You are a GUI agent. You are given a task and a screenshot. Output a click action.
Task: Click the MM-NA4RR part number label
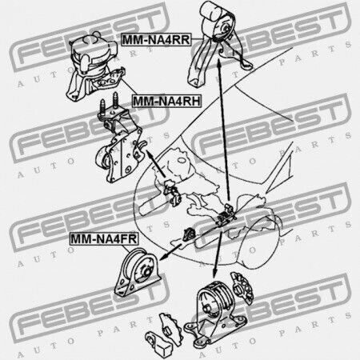pos(156,40)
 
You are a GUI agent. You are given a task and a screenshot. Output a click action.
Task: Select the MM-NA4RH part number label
pos(166,102)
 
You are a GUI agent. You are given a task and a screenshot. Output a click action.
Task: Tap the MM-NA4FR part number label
pos(104,238)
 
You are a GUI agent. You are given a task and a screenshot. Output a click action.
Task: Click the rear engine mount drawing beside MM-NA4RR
pos(218,44)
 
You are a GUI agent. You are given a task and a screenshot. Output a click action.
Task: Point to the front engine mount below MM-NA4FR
pos(138,273)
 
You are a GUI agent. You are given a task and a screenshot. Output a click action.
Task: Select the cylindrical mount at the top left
pos(94,66)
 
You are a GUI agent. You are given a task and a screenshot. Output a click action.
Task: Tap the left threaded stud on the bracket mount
pos(102,106)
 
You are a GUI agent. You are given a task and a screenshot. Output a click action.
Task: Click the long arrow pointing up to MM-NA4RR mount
pos(223,130)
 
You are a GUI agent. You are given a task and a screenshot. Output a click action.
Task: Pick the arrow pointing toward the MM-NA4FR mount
pos(170,252)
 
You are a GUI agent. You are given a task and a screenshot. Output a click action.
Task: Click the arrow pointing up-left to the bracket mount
pos(155,163)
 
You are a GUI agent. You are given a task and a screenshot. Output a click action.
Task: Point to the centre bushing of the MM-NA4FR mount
pos(146,272)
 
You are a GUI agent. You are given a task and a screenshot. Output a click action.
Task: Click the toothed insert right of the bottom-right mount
pos(242,288)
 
